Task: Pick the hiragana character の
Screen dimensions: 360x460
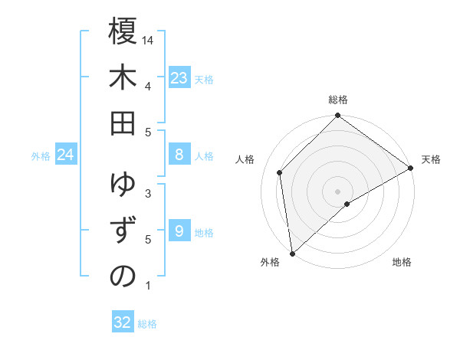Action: pyautogui.click(x=123, y=277)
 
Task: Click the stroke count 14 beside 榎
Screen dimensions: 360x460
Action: pyautogui.click(x=149, y=39)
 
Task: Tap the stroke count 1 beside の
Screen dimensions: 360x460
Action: pyautogui.click(x=148, y=286)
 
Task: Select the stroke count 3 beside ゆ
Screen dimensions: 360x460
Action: pyautogui.click(x=148, y=193)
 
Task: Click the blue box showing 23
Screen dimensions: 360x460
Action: pyautogui.click(x=179, y=77)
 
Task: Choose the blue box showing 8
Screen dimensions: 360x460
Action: pyautogui.click(x=179, y=155)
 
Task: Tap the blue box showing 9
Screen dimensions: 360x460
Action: pyautogui.click(x=179, y=231)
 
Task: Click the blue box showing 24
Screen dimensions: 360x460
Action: pyautogui.click(x=66, y=155)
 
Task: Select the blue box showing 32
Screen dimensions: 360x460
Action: pyautogui.click(x=123, y=322)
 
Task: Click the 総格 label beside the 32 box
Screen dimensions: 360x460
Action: pyautogui.click(x=147, y=324)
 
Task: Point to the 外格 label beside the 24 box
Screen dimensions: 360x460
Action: pyautogui.click(x=41, y=156)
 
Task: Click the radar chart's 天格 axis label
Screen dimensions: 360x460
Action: pyautogui.click(x=431, y=159)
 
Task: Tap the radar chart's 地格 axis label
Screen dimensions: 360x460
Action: pyautogui.click(x=402, y=262)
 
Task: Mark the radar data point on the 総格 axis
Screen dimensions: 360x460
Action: pyautogui.click(x=337, y=116)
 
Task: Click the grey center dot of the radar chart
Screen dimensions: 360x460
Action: pyautogui.click(x=337, y=191)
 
